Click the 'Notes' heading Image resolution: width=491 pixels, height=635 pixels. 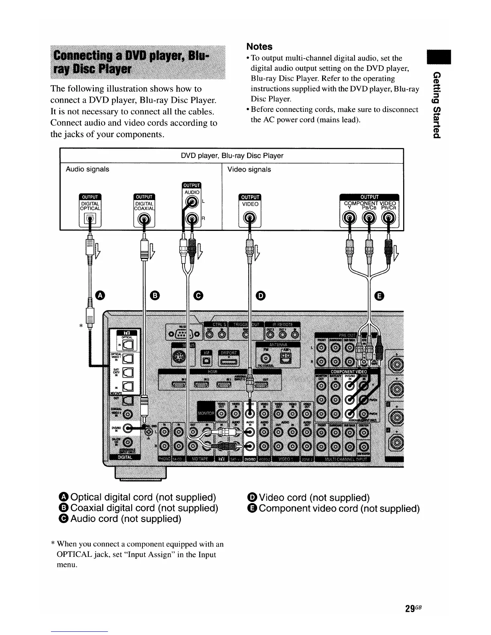pyautogui.click(x=259, y=47)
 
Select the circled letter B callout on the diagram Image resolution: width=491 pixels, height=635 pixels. pyautogui.click(x=155, y=295)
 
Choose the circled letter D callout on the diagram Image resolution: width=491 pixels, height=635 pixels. pyautogui.click(x=261, y=295)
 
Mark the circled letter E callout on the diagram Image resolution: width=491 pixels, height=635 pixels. pyautogui.click(x=379, y=295)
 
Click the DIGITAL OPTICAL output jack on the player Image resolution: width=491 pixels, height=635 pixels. pyautogui.click(x=90, y=218)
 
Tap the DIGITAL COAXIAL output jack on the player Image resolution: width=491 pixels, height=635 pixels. pyautogui.click(x=144, y=218)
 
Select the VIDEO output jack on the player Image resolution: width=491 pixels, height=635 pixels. pyautogui.click(x=250, y=218)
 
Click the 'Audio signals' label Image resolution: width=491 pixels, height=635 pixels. pyautogui.click(x=87, y=169)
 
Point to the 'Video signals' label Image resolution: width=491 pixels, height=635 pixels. pyautogui.click(x=249, y=170)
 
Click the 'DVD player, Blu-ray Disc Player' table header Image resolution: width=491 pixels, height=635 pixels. pyautogui.click(x=232, y=156)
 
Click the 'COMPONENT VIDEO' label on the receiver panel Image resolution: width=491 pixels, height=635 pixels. pyautogui.click(x=349, y=372)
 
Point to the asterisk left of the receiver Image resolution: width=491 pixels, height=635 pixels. pyautogui.click(x=81, y=326)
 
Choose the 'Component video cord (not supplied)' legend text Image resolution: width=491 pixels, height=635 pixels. pyautogui.click(x=339, y=509)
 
